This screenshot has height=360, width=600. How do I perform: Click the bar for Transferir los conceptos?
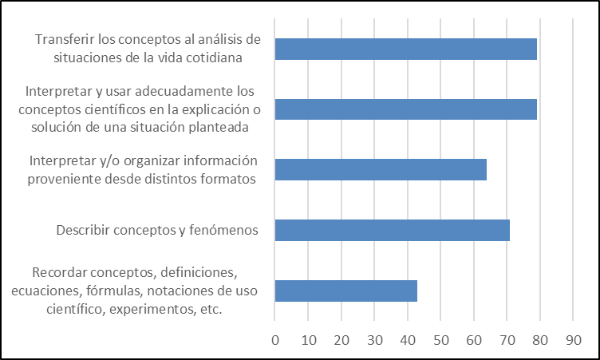click(x=405, y=49)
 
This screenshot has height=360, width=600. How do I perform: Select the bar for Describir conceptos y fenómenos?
click(x=392, y=230)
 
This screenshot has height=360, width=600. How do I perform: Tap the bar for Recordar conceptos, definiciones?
click(x=345, y=291)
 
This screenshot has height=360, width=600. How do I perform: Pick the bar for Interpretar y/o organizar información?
click(x=381, y=170)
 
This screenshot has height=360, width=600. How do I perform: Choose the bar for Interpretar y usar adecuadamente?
click(x=405, y=109)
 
